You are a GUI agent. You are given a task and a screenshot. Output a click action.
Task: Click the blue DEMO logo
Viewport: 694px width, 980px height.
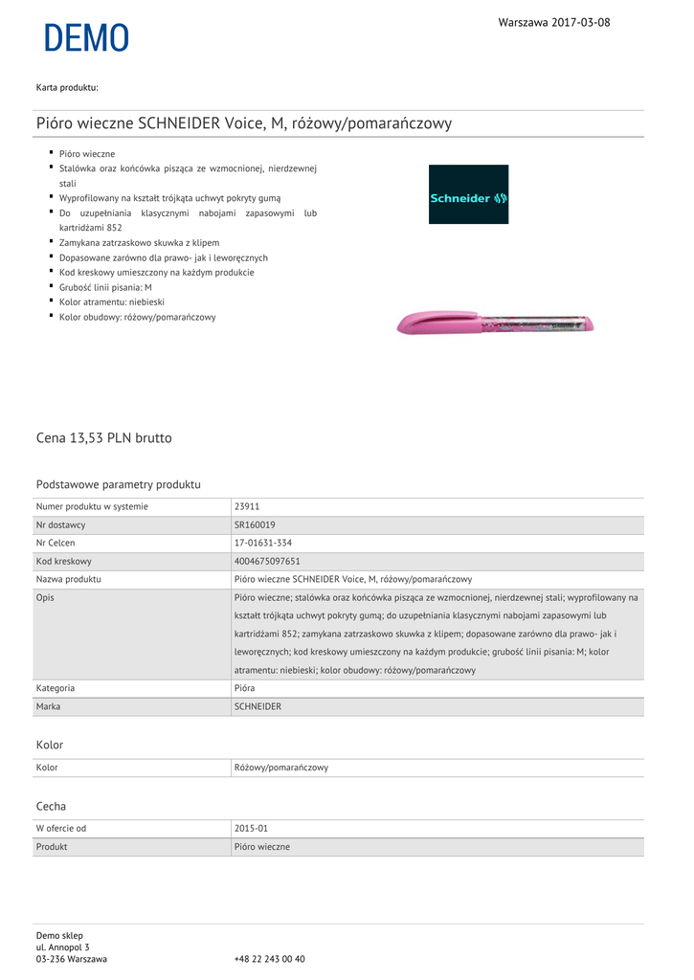pos(86,38)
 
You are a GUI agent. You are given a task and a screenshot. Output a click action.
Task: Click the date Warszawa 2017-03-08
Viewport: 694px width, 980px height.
pos(553,22)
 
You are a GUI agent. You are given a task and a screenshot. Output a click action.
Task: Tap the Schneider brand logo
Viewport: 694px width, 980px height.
pos(468,194)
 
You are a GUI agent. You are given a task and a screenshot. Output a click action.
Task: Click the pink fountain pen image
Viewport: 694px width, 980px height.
pos(495,323)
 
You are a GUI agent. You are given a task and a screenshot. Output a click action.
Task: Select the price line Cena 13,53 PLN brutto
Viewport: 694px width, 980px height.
pos(104,438)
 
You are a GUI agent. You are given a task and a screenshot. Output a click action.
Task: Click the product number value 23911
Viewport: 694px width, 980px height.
pos(247,506)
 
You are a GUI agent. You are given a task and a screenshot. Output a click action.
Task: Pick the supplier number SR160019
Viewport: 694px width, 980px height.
pos(255,524)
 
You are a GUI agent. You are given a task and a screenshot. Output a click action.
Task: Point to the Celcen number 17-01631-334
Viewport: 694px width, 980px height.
pos(262,543)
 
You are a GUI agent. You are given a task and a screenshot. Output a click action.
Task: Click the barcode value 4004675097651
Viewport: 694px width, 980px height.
pos(267,561)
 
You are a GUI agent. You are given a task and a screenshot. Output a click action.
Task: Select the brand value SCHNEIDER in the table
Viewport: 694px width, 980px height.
pos(257,706)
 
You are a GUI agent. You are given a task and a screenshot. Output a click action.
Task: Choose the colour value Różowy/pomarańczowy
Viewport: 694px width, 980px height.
pos(281,768)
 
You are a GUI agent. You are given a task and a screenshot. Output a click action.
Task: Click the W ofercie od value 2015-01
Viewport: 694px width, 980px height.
pos(252,828)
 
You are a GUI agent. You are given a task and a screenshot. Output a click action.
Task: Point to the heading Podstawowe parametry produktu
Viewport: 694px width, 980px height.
pos(119,484)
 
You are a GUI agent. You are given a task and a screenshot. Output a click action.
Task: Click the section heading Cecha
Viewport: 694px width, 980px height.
pos(51,807)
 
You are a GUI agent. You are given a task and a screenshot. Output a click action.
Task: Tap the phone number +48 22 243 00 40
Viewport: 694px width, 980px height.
pos(269,958)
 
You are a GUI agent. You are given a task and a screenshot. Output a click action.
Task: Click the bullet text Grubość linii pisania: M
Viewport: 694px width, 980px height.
pos(105,287)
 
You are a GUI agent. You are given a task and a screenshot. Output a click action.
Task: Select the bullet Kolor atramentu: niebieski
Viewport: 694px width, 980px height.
pos(112,301)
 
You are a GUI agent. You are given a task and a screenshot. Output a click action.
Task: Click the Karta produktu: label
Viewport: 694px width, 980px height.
pos(67,88)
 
